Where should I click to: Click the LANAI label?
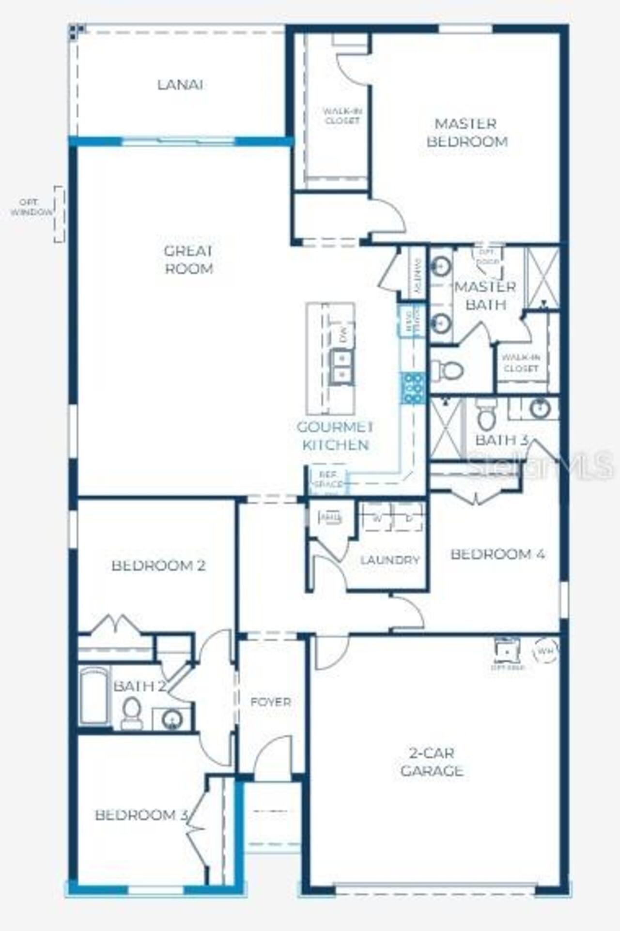tap(180, 85)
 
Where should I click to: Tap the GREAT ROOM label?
tap(189, 260)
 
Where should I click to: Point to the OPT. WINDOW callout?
tap(32, 207)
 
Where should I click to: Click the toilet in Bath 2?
tap(131, 713)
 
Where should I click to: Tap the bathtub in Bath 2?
tap(94, 695)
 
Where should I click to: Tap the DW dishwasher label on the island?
tap(343, 336)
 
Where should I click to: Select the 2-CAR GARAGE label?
tap(432, 762)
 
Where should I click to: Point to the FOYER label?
tap(271, 702)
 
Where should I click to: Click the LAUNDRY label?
tap(389, 560)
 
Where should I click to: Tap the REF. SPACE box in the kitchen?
tap(328, 480)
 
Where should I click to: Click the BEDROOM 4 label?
tap(498, 554)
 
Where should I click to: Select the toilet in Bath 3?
tap(486, 415)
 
